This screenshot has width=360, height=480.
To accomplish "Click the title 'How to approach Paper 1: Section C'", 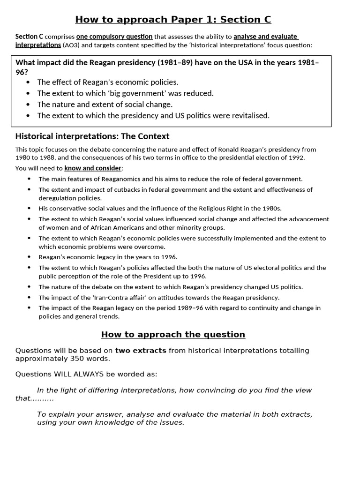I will point(173,19).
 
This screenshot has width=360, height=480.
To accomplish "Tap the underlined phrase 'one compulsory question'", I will point(114,37).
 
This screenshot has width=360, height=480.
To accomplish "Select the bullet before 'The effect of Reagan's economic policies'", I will point(29,82).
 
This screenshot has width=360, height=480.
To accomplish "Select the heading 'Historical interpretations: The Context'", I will point(92,136).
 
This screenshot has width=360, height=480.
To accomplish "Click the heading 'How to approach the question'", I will point(173,334).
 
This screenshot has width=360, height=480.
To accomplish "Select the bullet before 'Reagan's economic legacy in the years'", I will point(29,257).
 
